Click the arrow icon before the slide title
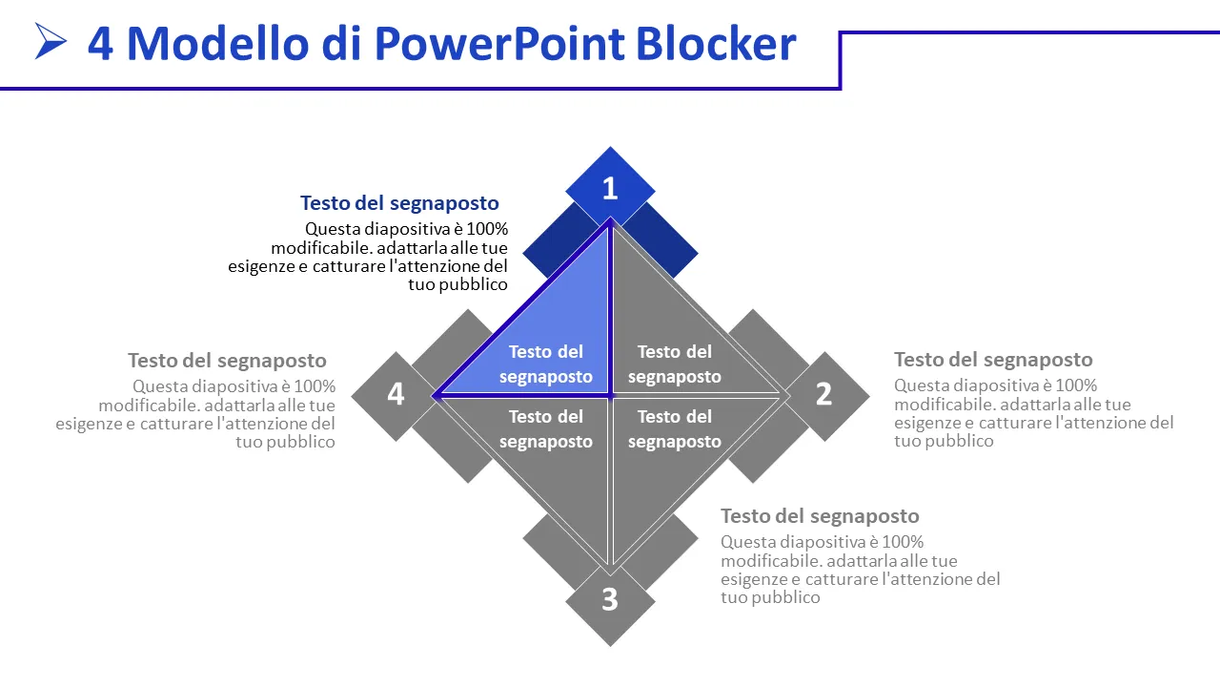(51, 41)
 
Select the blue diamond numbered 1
(610, 188)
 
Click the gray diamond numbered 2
(824, 394)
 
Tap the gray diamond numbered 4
(396, 394)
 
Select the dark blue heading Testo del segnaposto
(399, 203)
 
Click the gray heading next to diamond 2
(993, 360)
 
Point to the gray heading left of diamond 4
(227, 361)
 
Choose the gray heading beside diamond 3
(820, 516)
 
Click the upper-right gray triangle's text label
(675, 364)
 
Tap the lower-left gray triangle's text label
(545, 428)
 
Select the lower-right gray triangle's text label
(675, 428)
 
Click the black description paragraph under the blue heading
(381, 257)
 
